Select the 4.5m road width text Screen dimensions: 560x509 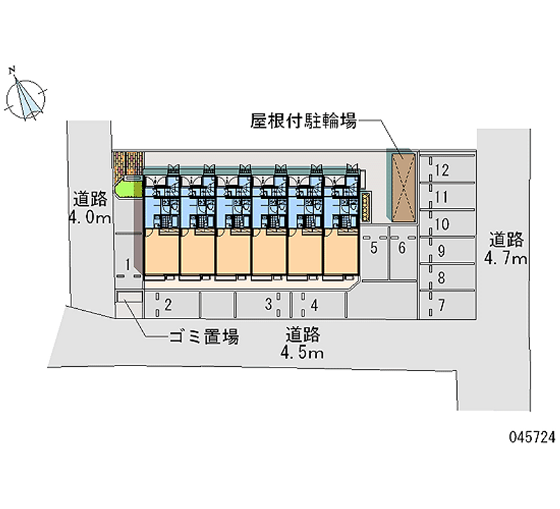[302, 351]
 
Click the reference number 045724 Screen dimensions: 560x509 [529, 436]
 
